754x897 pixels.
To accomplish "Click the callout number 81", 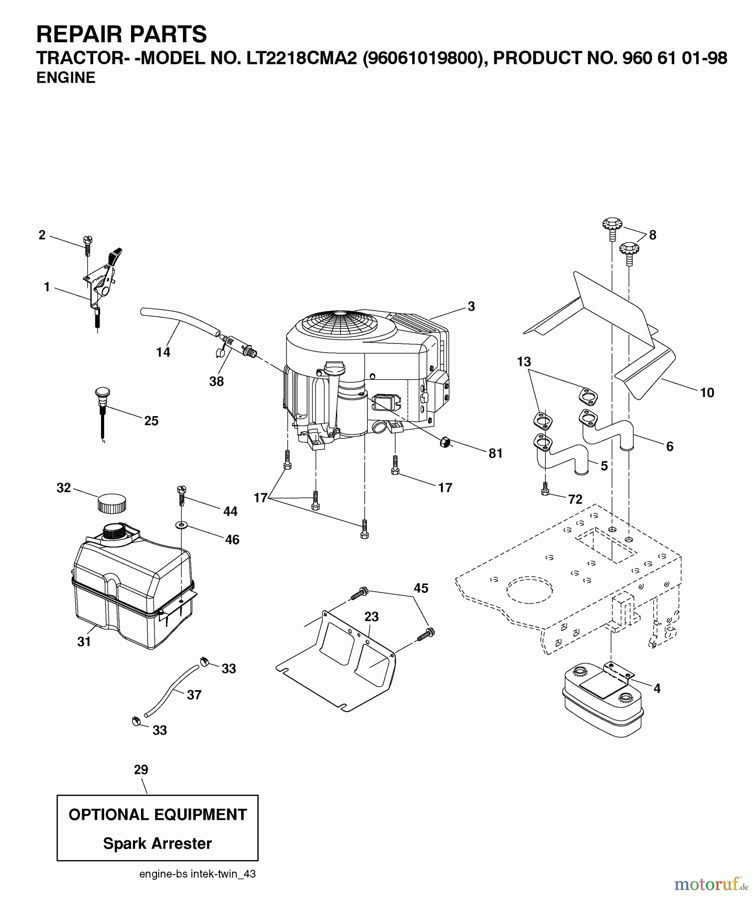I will (495, 453).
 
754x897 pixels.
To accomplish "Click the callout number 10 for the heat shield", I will (707, 393).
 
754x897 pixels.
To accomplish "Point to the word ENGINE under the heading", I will (66, 78).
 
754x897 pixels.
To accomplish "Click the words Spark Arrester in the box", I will (157, 843).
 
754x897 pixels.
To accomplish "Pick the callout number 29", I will (141, 769).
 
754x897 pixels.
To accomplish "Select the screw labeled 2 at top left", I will (87, 246).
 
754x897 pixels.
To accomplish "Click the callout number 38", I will (216, 382).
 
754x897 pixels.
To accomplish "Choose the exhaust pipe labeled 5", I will (561, 456).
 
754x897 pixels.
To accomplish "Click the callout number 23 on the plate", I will (371, 617).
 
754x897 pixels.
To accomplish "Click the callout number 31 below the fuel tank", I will (84, 642).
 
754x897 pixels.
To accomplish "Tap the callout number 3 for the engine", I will (471, 306).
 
